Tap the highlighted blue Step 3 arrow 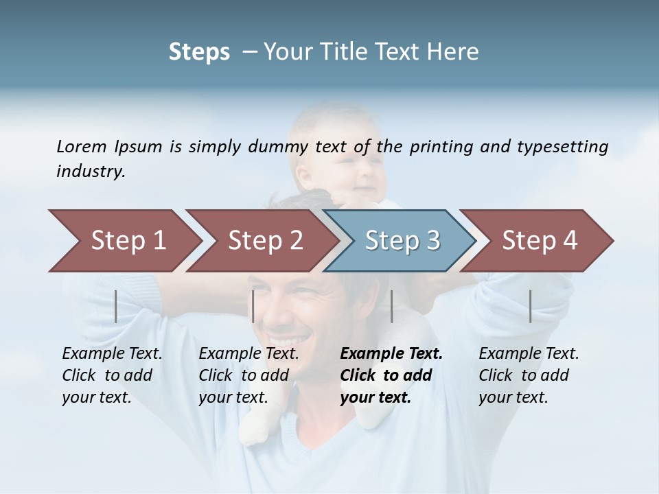[x=402, y=241]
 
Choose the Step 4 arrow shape [x=540, y=241]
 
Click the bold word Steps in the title [x=199, y=52]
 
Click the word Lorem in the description [x=82, y=146]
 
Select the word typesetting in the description [x=562, y=146]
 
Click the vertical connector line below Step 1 [x=116, y=306]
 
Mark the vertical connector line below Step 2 [x=253, y=306]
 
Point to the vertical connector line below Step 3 [x=391, y=306]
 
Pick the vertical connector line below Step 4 [x=530, y=306]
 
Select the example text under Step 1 [x=112, y=375]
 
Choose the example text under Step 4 [x=529, y=375]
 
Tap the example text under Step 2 [x=248, y=375]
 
